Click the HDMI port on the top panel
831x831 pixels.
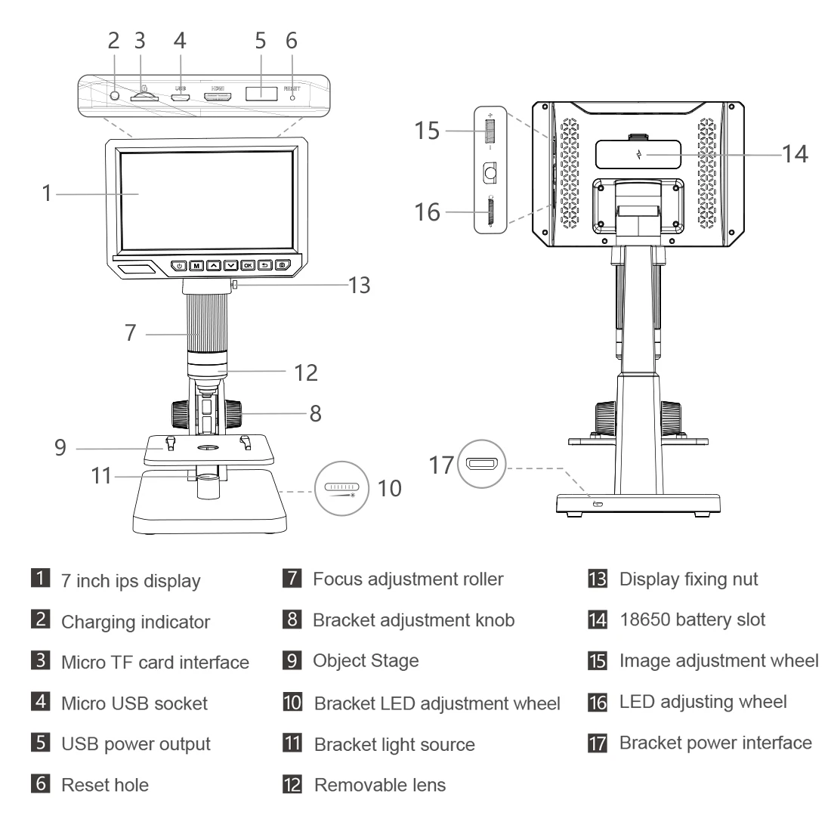tap(218, 97)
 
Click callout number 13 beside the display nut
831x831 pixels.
tap(360, 285)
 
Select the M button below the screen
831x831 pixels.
tap(196, 265)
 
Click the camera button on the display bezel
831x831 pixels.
tap(282, 265)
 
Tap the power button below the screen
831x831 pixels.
tap(179, 265)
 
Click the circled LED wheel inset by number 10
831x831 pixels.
tap(339, 487)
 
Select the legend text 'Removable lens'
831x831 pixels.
tap(379, 784)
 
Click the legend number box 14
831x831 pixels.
tap(596, 620)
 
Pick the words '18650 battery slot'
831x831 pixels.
tap(692, 620)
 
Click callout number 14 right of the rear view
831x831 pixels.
tap(795, 153)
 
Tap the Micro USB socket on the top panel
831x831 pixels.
tap(181, 97)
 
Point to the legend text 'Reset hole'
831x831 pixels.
tap(104, 784)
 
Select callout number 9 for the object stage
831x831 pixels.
tap(60, 447)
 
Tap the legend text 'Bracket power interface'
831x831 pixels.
tap(715, 743)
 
